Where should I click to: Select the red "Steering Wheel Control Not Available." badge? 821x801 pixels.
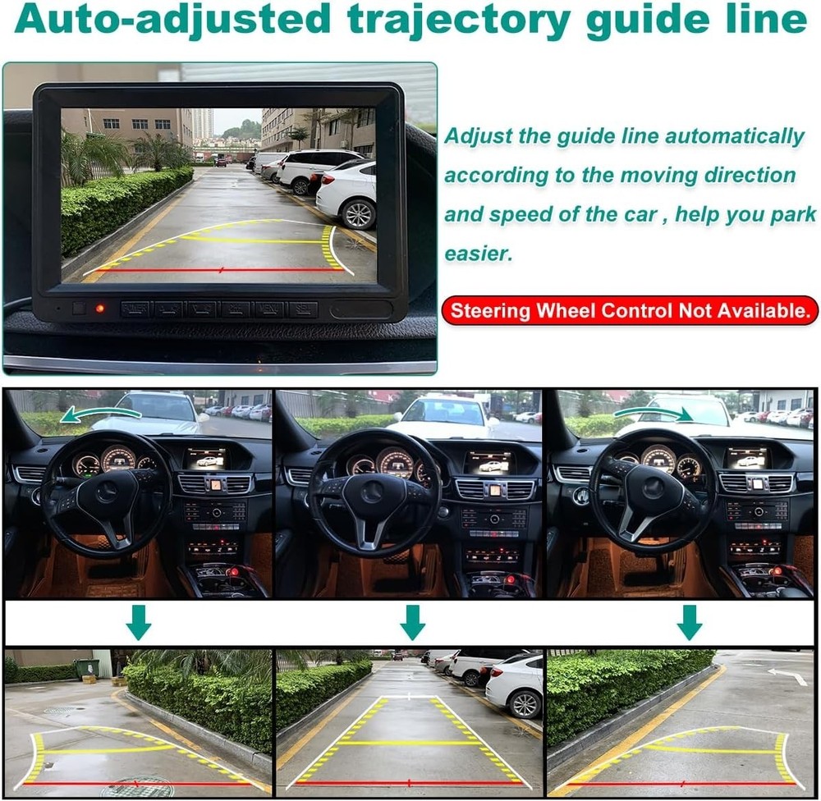pyautogui.click(x=630, y=311)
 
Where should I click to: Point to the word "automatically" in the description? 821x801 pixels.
pyautogui.click(x=734, y=136)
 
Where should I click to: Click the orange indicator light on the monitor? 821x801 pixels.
pyautogui.click(x=100, y=309)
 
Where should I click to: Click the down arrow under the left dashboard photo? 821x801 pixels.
pyautogui.click(x=138, y=623)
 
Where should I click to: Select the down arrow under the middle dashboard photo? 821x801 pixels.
pyautogui.click(x=412, y=623)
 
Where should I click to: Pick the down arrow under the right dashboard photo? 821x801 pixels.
pyautogui.click(x=689, y=623)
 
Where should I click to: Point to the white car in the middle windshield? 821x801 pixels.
pyautogui.click(x=443, y=414)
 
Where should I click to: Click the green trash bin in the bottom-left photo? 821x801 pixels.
pyautogui.click(x=86, y=668)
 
